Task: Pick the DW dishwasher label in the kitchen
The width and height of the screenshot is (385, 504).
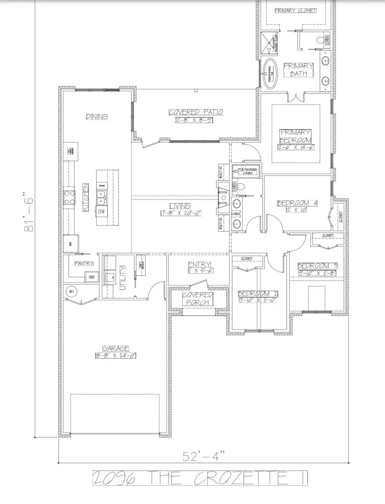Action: (102, 211)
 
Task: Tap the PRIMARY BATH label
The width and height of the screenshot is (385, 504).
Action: (299, 70)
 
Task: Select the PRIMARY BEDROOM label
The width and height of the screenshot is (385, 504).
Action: (296, 136)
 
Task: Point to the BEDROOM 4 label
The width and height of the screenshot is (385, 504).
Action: (297, 204)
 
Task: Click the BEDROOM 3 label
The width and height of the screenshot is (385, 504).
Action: (317, 265)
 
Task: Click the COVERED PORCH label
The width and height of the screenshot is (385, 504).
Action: (198, 299)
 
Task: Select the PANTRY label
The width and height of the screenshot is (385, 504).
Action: (84, 264)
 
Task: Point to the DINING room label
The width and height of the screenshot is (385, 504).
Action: (96, 117)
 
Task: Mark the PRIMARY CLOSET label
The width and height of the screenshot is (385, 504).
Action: (296, 10)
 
